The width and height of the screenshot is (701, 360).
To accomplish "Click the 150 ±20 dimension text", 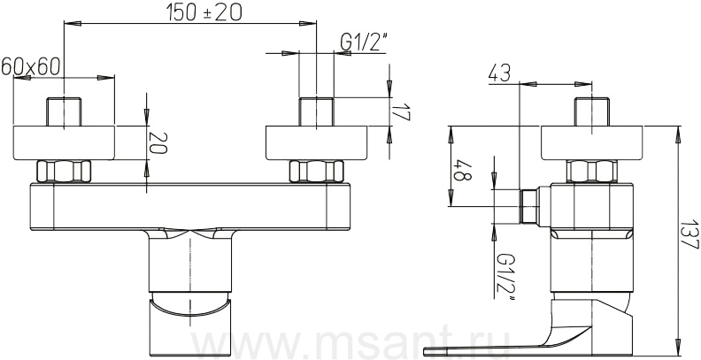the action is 204,12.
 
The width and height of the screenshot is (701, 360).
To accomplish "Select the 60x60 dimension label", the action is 30,66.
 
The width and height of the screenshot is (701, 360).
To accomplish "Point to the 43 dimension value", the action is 499,73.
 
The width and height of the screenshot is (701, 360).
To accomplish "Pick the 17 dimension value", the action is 402,112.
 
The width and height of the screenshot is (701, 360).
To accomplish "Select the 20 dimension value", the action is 158,142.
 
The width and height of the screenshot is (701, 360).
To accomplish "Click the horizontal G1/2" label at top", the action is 363,42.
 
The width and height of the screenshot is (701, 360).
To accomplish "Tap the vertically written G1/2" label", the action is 505,277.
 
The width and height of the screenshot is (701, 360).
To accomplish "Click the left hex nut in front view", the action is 64,171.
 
